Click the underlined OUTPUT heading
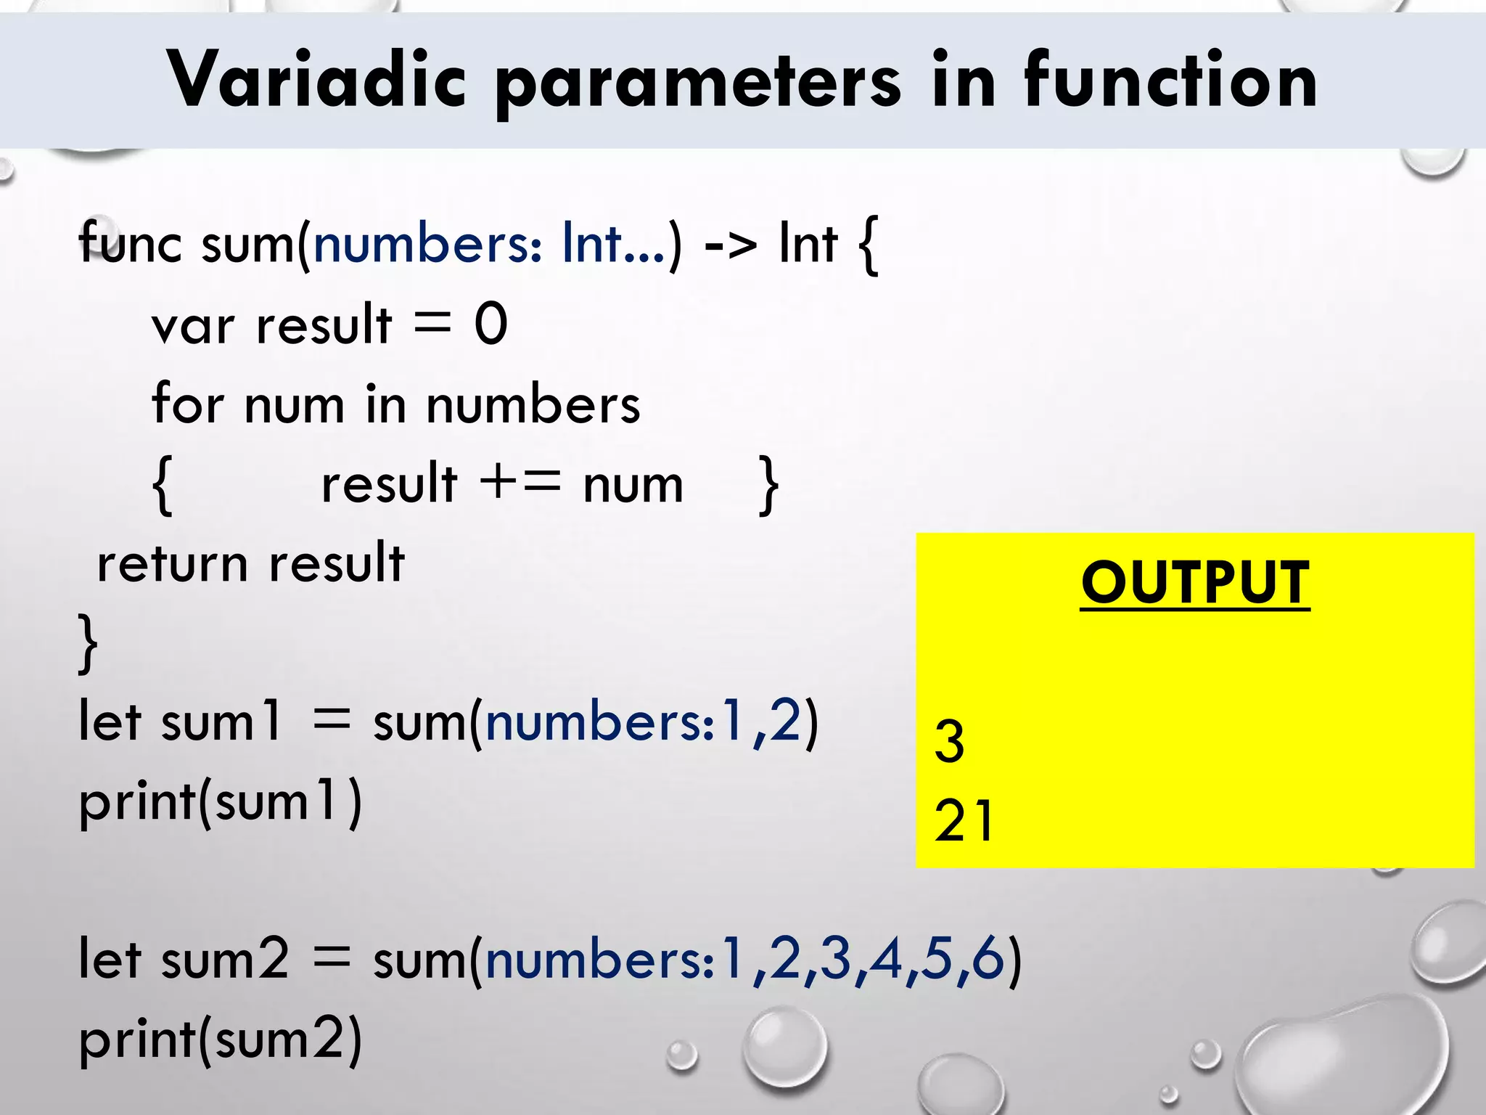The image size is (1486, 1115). pyautogui.click(x=1194, y=582)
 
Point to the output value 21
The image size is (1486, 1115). pyautogui.click(x=964, y=820)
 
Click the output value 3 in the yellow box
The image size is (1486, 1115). pyautogui.click(x=949, y=741)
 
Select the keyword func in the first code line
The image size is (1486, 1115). pyautogui.click(x=130, y=242)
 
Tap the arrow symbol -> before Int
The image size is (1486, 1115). pyautogui.click(x=730, y=244)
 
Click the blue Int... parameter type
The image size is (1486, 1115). pyautogui.click(x=612, y=242)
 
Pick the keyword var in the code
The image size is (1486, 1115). pyautogui.click(x=193, y=324)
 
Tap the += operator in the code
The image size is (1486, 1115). pyautogui.click(x=520, y=483)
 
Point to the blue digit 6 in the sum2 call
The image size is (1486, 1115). pyautogui.click(x=988, y=958)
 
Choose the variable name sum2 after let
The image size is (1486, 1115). pyautogui.click(x=224, y=958)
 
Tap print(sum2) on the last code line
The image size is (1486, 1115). pyautogui.click(x=220, y=1039)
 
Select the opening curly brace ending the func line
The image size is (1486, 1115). pyautogui.click(x=868, y=245)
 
